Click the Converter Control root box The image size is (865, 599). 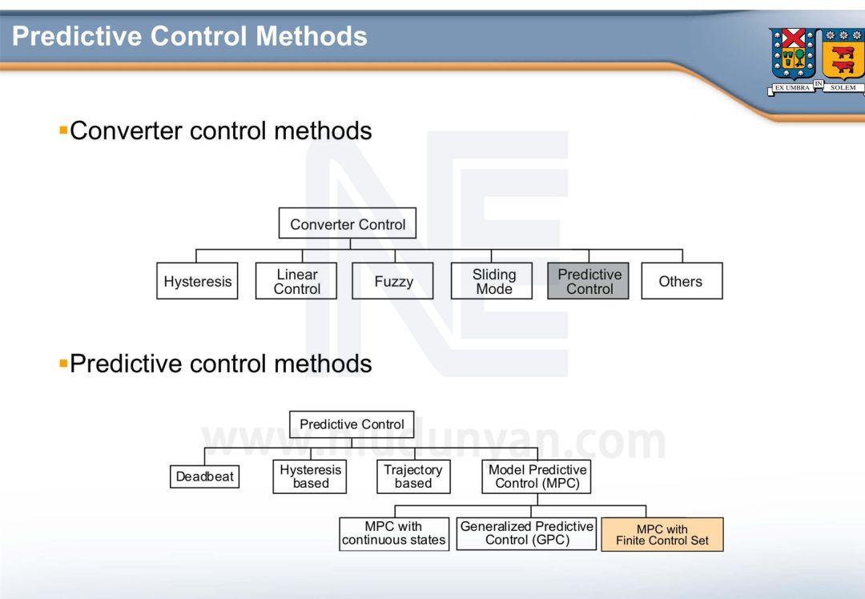pyautogui.click(x=348, y=224)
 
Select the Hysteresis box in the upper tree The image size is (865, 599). pyautogui.click(x=197, y=281)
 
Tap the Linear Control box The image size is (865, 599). pyautogui.click(x=296, y=281)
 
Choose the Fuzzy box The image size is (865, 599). pyautogui.click(x=393, y=281)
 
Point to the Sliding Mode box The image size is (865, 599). pyautogui.click(x=493, y=281)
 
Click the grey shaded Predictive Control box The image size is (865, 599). pyautogui.click(x=589, y=281)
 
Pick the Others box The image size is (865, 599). pyautogui.click(x=681, y=281)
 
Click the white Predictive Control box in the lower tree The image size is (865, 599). pyautogui.click(x=352, y=424)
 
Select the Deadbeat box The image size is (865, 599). pyautogui.click(x=205, y=476)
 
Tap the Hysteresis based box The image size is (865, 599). pyautogui.click(x=310, y=476)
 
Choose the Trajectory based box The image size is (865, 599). pyautogui.click(x=412, y=476)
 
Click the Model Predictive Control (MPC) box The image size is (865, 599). pyautogui.click(x=537, y=476)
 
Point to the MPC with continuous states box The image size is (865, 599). pyautogui.click(x=393, y=533)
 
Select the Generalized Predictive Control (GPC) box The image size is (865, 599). pyautogui.click(x=527, y=533)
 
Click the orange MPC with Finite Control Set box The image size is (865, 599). pyautogui.click(x=662, y=534)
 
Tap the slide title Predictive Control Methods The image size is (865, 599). pyautogui.click(x=190, y=36)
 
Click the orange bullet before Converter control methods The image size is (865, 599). pyautogui.click(x=63, y=129)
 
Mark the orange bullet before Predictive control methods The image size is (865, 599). pyautogui.click(x=63, y=363)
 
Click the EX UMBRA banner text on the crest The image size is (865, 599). pyautogui.click(x=792, y=88)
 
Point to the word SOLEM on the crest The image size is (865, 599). pyautogui.click(x=843, y=88)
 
